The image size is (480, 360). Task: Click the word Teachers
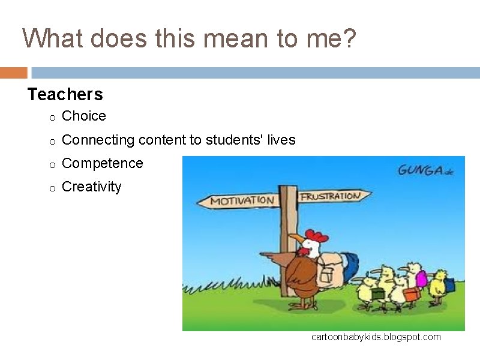(65, 94)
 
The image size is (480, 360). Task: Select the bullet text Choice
(84, 116)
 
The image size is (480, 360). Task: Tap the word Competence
(103, 163)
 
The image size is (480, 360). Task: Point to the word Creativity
(91, 187)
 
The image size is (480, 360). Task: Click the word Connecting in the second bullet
(98, 140)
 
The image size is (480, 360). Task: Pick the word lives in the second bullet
(281, 140)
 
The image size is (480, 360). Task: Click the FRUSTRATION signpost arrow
(334, 196)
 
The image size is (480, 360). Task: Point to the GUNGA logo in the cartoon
(422, 170)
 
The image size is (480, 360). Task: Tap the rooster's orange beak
(296, 239)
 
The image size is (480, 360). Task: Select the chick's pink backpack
(422, 278)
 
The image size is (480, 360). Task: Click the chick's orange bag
(412, 294)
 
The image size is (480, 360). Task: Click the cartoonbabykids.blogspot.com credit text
(376, 337)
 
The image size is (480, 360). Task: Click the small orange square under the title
(13, 73)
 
